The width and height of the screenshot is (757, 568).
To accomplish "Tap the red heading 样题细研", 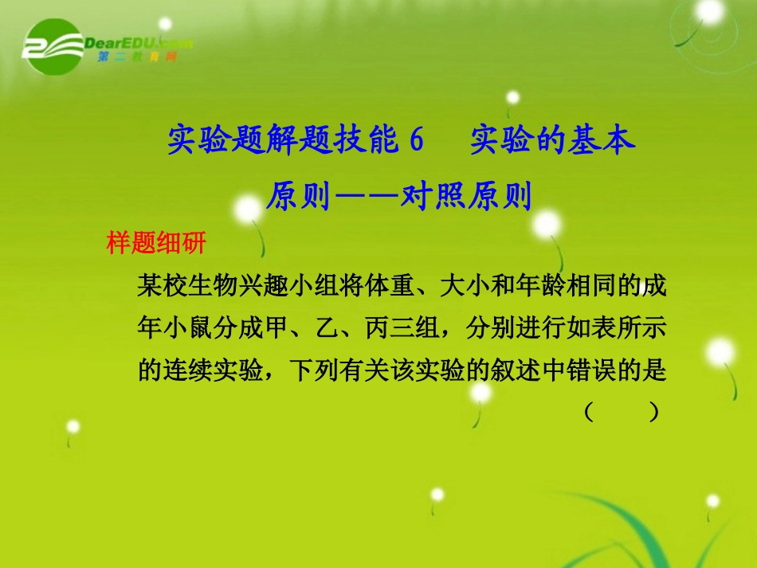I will (x=156, y=242).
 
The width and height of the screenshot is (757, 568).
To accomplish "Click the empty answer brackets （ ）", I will (x=621, y=412).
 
